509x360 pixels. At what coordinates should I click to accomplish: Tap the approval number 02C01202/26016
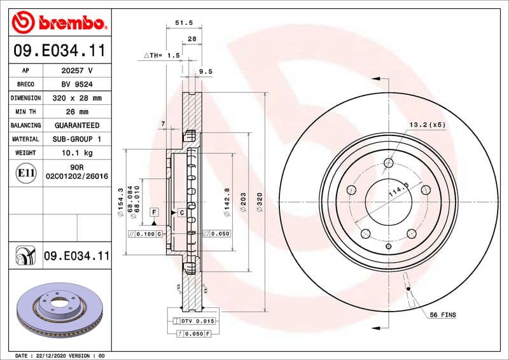(x=76, y=176)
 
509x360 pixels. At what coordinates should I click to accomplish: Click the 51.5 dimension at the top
(x=183, y=23)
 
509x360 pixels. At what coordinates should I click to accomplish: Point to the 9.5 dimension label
(x=206, y=72)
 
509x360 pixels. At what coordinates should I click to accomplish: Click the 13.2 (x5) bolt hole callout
(x=427, y=125)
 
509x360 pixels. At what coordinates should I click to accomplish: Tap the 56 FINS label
(x=443, y=315)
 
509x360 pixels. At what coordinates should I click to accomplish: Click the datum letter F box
(x=154, y=211)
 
